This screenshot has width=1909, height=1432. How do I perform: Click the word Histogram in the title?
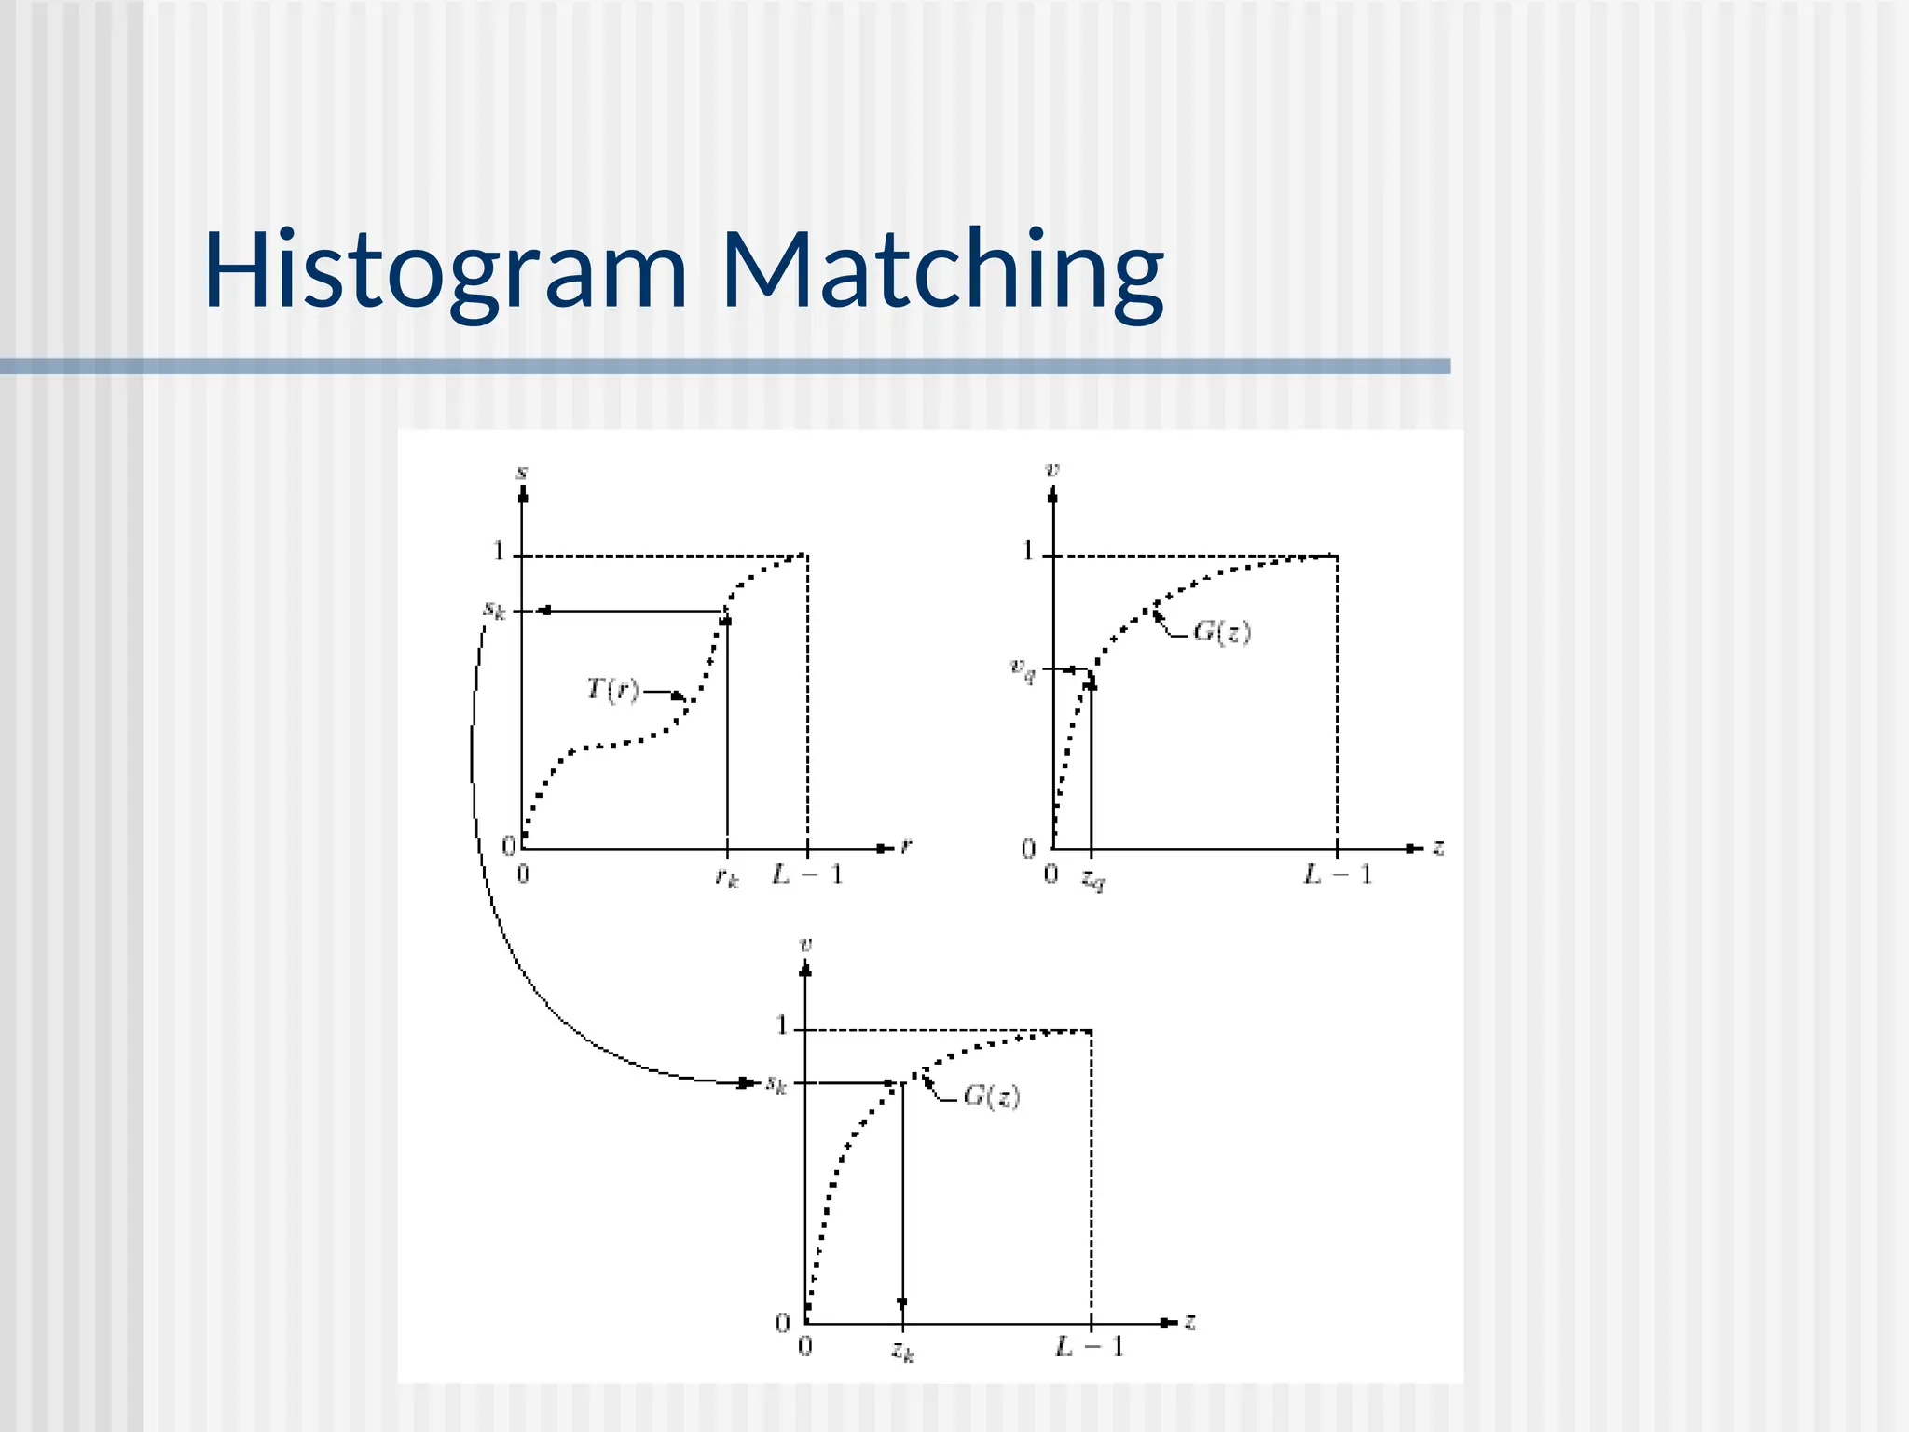(x=446, y=271)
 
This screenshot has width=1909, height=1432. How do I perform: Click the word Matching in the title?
(x=942, y=271)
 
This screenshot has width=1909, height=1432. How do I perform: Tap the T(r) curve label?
(x=612, y=690)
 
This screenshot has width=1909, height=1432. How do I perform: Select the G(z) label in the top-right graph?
(x=1222, y=632)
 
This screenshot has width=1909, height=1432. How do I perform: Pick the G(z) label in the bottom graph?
(x=991, y=1096)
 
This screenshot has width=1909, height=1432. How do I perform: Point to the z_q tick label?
(x=1092, y=878)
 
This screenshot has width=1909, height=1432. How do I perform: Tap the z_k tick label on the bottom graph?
(x=902, y=1350)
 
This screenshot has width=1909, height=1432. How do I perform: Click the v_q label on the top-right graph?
(x=1023, y=668)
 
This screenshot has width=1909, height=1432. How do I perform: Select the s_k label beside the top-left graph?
(x=494, y=611)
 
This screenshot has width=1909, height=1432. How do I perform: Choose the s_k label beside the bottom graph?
(x=776, y=1084)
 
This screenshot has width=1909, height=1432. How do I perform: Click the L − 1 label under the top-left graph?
(x=807, y=874)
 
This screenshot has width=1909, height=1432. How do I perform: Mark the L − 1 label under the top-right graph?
(x=1338, y=874)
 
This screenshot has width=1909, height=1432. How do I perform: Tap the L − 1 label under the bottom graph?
(x=1090, y=1346)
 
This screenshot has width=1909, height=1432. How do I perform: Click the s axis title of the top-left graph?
(x=522, y=473)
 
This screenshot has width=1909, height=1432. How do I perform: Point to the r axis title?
(x=906, y=846)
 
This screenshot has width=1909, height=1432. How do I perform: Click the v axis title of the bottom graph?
(x=806, y=944)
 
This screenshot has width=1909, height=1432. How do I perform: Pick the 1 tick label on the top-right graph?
(x=1028, y=551)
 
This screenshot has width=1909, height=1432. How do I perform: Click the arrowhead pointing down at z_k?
(x=902, y=1303)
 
